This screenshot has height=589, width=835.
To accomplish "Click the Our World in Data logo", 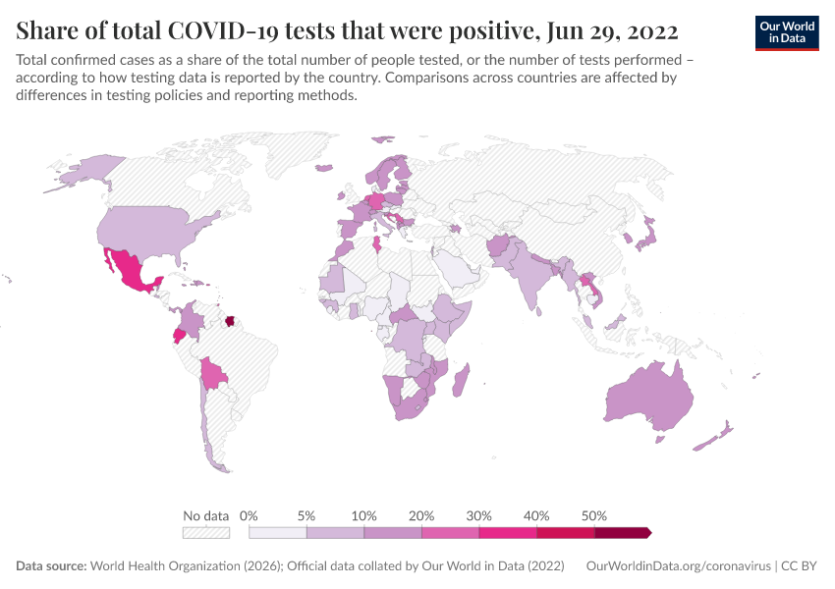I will point(787,31).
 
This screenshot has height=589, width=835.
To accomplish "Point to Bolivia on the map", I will point(212,372).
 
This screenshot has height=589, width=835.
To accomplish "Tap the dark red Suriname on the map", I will point(231,321).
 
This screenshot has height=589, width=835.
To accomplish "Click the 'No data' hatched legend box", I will point(205,532).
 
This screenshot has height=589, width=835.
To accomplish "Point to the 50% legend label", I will point(594,515).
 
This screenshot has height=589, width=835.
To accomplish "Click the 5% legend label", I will point(306,515).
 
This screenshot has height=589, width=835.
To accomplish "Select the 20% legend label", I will point(421,515).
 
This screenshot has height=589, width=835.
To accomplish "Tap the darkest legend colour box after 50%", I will point(622,532).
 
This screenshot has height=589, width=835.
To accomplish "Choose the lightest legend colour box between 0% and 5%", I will point(278,532).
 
